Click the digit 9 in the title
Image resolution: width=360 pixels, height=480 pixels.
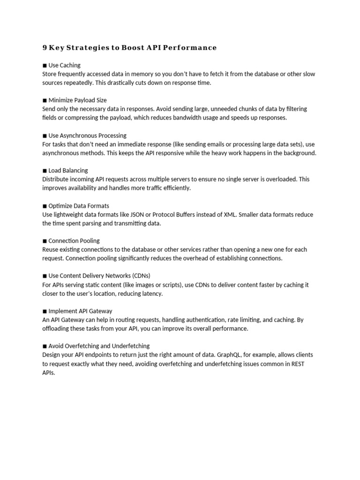click(x=45, y=47)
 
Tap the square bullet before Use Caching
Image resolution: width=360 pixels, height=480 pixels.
click(x=45, y=65)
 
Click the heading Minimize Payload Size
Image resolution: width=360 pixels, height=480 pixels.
click(x=77, y=100)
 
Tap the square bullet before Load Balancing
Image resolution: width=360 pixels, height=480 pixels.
click(x=45, y=171)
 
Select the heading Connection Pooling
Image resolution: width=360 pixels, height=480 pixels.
click(x=74, y=241)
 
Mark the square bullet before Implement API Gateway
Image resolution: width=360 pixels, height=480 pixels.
click(x=45, y=311)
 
